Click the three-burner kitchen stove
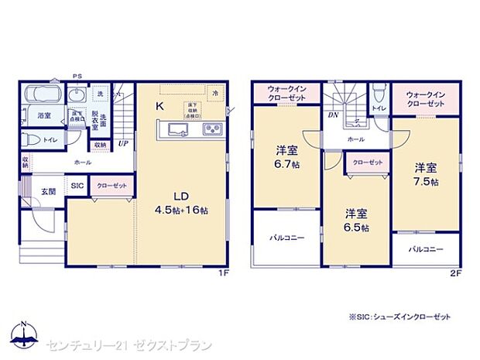point(211,130)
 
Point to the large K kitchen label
point(159,107)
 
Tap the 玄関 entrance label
point(48,190)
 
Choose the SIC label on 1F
point(78,187)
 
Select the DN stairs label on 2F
point(332,115)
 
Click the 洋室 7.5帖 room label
point(424,174)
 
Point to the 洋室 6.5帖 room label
point(356,221)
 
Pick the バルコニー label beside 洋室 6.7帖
point(286,238)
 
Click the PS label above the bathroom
point(77,76)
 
